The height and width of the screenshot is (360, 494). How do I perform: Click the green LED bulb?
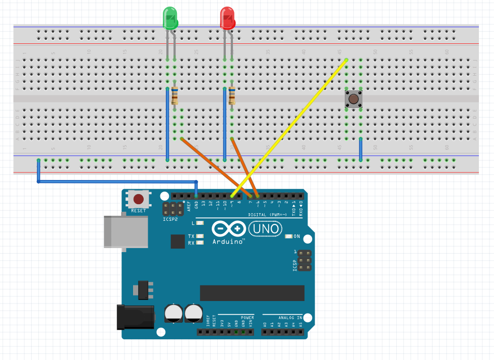point(170,18)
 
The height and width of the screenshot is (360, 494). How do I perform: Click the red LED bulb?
point(228,18)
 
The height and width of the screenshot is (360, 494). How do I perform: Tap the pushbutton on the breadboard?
point(354,99)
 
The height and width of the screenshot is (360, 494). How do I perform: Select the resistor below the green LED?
point(174,95)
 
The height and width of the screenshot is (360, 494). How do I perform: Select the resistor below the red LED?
point(232,95)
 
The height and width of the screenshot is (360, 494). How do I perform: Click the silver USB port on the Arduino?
point(126,231)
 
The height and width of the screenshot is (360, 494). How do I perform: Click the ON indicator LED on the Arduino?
point(288,236)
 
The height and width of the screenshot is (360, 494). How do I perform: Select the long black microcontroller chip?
point(252,292)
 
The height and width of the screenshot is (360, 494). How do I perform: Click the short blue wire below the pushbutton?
point(360,149)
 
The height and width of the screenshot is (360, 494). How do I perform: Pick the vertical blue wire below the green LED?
point(167,124)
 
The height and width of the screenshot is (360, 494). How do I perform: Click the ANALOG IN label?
point(290,318)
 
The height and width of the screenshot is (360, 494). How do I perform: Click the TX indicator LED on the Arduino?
point(201,236)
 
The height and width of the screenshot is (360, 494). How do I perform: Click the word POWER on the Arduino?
point(248,318)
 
